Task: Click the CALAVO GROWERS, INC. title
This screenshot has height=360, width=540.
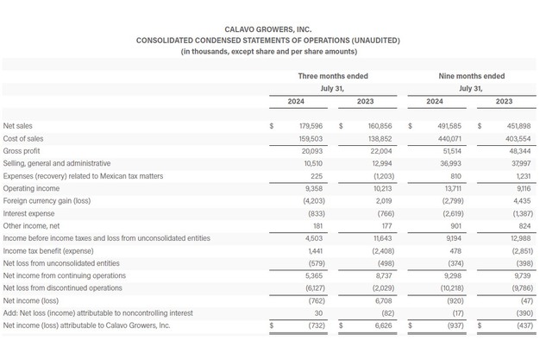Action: point(267,28)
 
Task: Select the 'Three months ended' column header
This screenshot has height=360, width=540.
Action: point(327,76)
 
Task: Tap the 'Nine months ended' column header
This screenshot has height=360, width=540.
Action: point(471,76)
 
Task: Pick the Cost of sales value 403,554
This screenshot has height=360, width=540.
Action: point(497,138)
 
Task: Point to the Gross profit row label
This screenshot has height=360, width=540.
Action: point(27,150)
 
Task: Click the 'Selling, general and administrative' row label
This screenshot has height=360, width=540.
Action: point(57,163)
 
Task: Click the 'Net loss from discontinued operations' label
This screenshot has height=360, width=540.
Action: point(63,287)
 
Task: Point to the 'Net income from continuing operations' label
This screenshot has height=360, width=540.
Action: point(65,275)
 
